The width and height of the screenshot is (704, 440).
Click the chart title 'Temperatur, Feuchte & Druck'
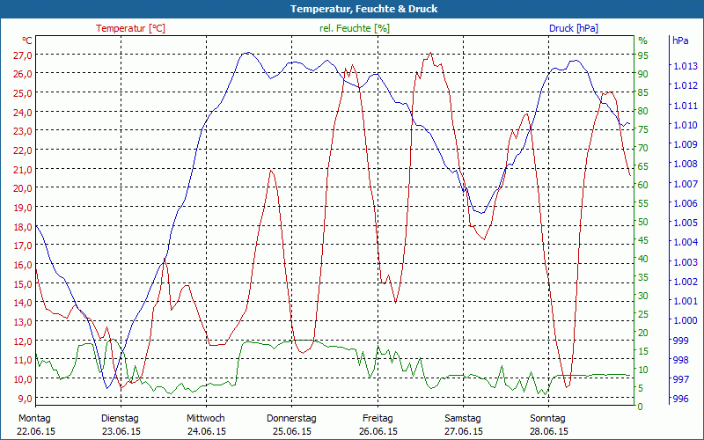(352, 9)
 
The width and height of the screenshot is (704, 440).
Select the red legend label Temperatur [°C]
(130, 28)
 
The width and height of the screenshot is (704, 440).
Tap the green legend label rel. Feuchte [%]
(355, 28)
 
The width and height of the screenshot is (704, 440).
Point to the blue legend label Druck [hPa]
(573, 28)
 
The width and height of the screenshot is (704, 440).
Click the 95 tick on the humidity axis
(643, 55)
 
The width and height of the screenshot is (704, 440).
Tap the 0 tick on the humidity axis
(641, 407)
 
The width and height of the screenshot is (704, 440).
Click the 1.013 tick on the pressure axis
(685, 66)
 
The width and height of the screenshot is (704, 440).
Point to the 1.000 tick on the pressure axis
(685, 320)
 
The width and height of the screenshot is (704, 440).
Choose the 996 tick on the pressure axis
(680, 399)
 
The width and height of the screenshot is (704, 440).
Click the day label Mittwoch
(206, 418)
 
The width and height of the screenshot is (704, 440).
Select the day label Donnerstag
(291, 418)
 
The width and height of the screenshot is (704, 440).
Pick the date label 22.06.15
(35, 431)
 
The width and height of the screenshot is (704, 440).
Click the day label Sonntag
(548, 418)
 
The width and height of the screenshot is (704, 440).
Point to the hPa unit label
(680, 40)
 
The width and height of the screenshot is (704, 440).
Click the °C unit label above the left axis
(27, 40)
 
